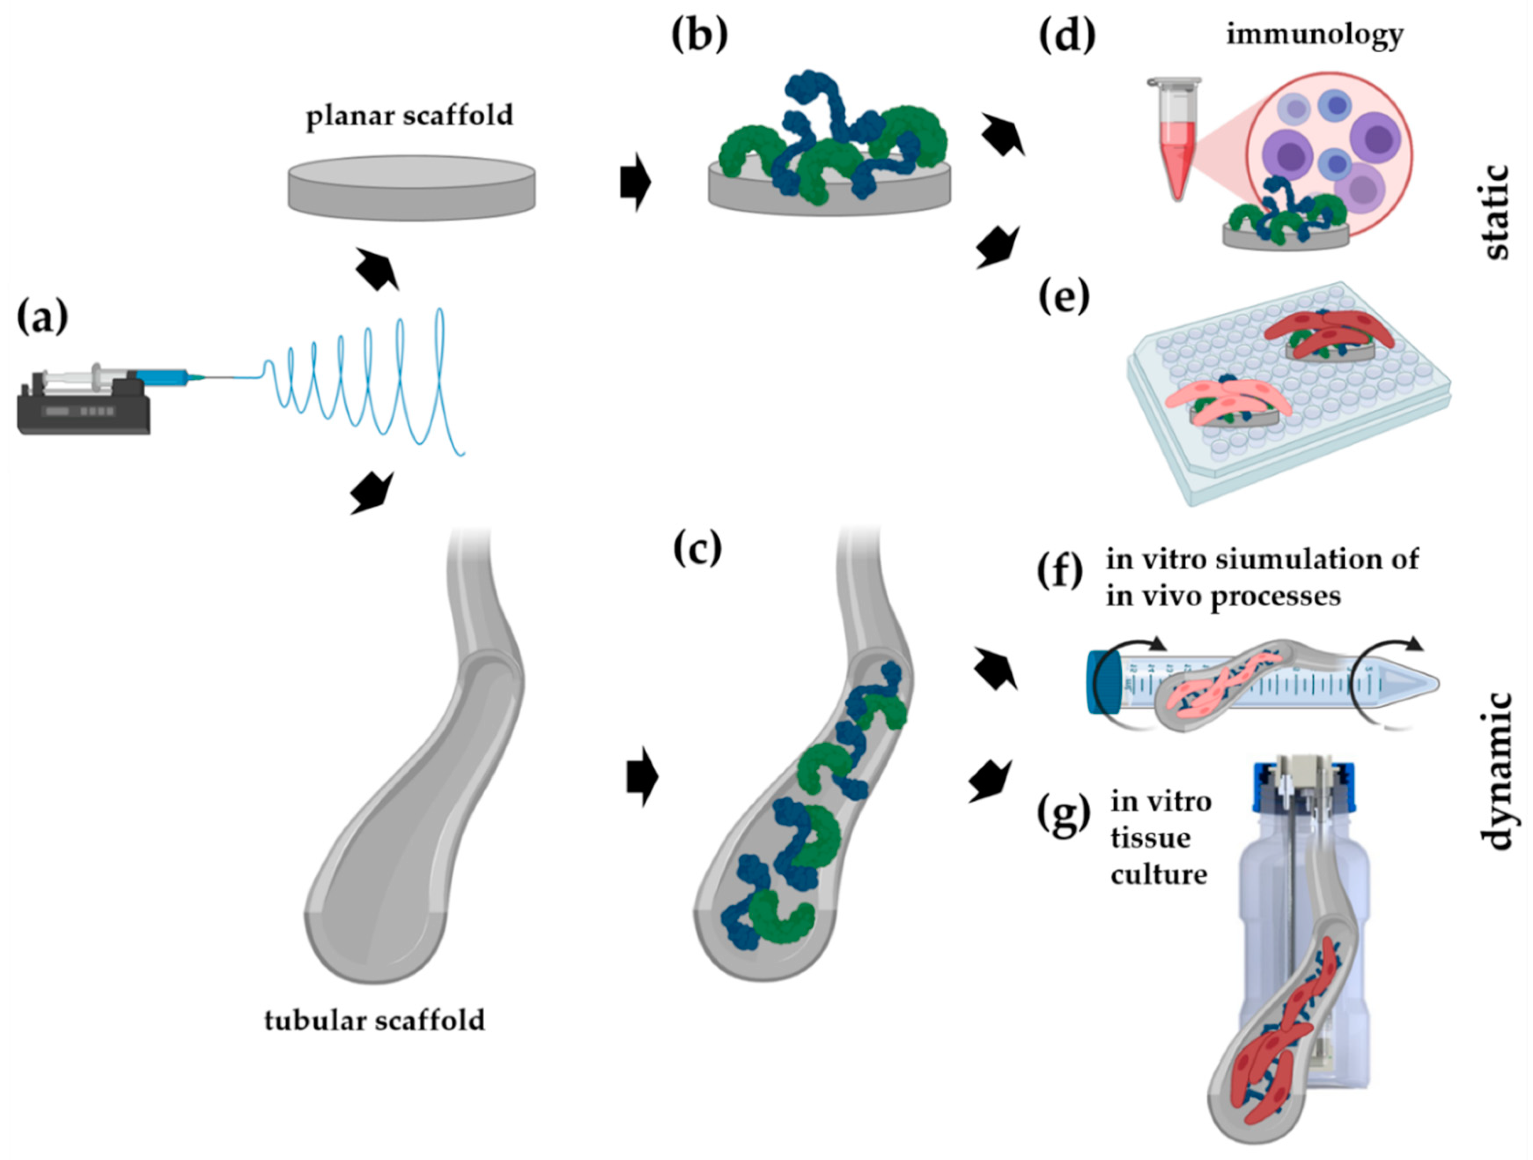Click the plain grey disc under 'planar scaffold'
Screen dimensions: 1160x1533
point(412,187)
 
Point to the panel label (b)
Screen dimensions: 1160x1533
point(699,35)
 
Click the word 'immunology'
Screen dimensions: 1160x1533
point(1315,34)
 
